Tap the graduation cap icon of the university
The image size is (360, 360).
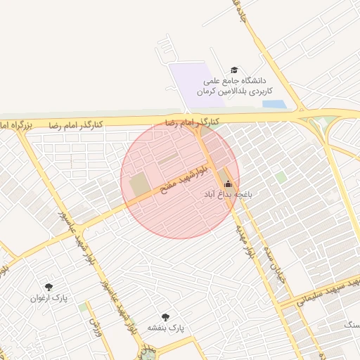coord(234,70)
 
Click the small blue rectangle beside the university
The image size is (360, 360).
coord(274,104)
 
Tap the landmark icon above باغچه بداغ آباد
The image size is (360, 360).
coord(226,184)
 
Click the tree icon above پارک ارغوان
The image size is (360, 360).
coord(49,287)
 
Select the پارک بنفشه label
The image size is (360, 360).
coord(165,328)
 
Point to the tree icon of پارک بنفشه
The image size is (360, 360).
coord(165,317)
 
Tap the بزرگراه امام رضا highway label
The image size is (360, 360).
coord(15,124)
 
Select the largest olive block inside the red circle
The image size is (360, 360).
coord(139,185)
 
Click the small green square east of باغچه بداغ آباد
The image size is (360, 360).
coord(281,177)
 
